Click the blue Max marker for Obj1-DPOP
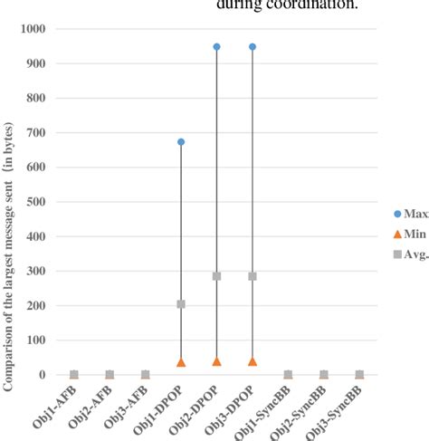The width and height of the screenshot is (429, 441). (181, 142)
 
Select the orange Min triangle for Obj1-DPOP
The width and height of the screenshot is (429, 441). (181, 362)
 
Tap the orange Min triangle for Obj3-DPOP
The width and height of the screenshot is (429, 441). (253, 361)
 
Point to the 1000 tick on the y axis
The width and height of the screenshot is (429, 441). (33, 29)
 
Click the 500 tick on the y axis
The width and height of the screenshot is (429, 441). (36, 202)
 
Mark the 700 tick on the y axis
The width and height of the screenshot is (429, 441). (36, 132)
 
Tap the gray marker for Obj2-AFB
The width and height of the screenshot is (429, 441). (110, 374)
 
